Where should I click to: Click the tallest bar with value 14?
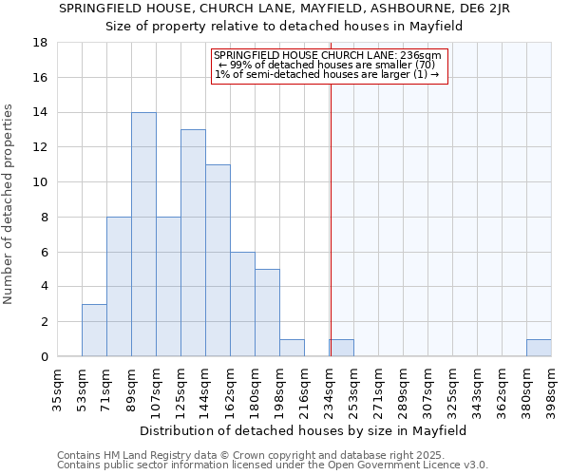pos(143,235)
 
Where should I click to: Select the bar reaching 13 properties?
pos(193,243)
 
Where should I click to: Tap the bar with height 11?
pos(218,260)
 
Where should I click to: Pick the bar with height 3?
pos(94,331)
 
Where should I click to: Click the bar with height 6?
pos(242,304)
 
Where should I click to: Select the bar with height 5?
pos(267,313)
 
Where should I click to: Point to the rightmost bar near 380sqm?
pos(539,348)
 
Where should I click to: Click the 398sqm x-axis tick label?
pos(552,388)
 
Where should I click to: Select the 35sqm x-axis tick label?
pos(58,388)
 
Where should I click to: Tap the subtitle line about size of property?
pos(284,26)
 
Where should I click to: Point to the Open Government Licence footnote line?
pos(273,465)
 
